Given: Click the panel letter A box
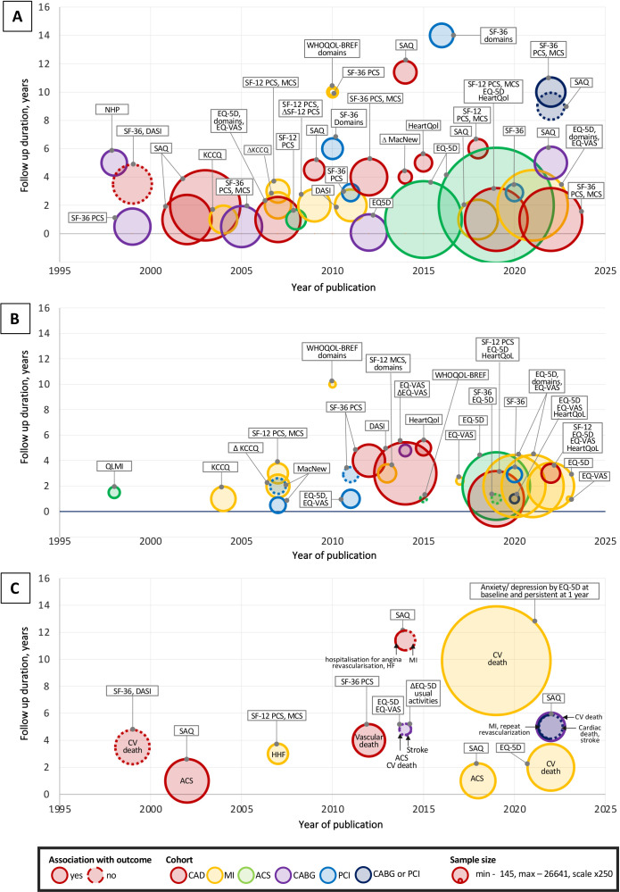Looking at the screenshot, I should click(x=18, y=16).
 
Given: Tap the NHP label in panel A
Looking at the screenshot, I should click(x=110, y=111).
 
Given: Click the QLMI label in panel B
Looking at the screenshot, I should click(x=112, y=465).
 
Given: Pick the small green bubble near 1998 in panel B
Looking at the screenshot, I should click(x=113, y=491).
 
